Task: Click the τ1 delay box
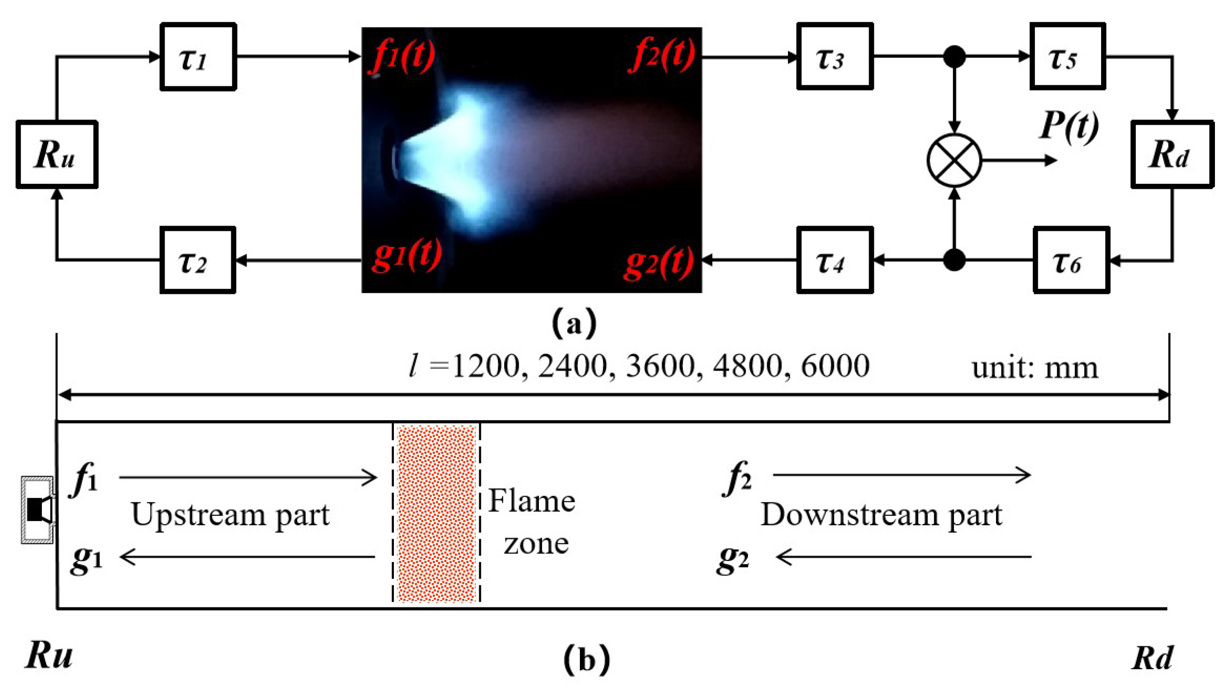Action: [198, 57]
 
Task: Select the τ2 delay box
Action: [198, 260]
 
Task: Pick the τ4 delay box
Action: [834, 260]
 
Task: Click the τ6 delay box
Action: [1071, 260]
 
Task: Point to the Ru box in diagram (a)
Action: [57, 155]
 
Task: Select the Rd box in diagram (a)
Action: [1172, 155]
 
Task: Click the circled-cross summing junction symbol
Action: [954, 160]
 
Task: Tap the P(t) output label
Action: [1068, 126]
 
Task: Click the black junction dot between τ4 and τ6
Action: [954, 260]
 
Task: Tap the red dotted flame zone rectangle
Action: [436, 513]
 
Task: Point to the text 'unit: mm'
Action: [1034, 368]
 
